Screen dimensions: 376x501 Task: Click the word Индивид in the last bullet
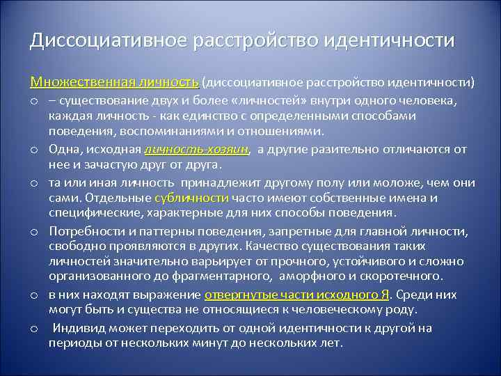77,328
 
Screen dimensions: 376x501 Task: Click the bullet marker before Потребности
33,231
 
